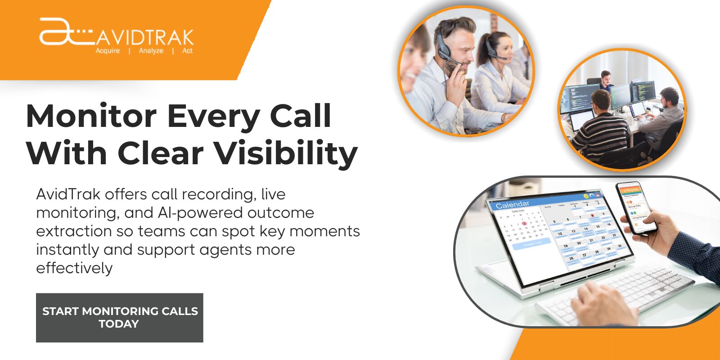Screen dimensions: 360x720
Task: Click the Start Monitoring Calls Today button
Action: (119, 317)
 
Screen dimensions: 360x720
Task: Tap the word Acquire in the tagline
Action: (108, 51)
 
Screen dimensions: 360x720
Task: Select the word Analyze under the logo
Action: (151, 51)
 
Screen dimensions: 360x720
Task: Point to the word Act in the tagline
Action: (187, 51)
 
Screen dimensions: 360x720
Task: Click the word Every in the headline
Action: (213, 116)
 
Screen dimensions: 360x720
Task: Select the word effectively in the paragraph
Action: (74, 268)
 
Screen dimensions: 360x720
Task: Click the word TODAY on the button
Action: (119, 324)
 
